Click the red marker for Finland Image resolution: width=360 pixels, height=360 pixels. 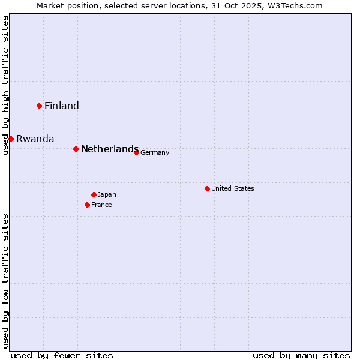point(40,106)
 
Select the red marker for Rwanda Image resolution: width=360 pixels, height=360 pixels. point(11,139)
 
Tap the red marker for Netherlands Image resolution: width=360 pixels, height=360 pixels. point(76,149)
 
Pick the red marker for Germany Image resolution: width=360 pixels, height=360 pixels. point(136,152)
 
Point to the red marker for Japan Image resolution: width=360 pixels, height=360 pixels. point(94,194)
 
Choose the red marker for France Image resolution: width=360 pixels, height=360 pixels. point(87,205)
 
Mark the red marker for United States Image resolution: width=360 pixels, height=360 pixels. point(207,188)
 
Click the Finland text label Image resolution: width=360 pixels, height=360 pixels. point(62,106)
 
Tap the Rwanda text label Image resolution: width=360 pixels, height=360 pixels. point(35,139)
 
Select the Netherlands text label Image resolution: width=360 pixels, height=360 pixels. point(110,149)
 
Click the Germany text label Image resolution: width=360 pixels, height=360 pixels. point(155,153)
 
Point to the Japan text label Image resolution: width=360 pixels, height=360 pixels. point(107,195)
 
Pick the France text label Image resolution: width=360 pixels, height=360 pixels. point(101,205)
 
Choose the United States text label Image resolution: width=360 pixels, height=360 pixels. point(233,189)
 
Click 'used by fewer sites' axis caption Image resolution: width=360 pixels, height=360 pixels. point(62,355)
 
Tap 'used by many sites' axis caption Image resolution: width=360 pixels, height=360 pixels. point(301,355)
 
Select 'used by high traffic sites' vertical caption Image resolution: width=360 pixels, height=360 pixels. point(5,85)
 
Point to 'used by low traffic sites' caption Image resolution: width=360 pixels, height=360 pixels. point(5,280)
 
